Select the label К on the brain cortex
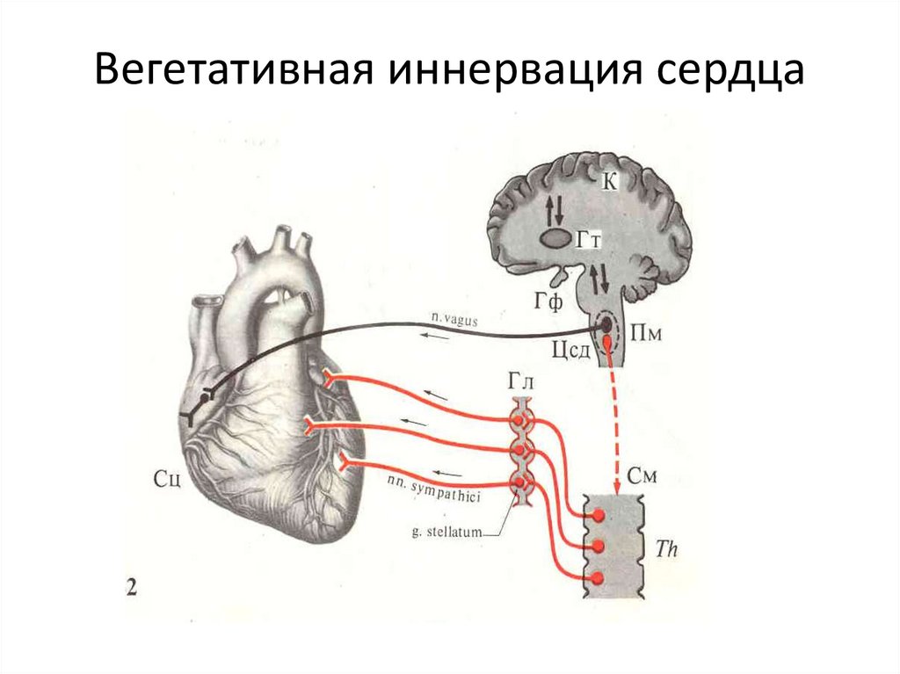coord(610,182)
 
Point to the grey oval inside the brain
coord(554,238)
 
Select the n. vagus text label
coord(453,321)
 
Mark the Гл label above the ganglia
coord(521,381)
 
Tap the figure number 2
coord(132,587)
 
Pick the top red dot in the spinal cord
coord(599,515)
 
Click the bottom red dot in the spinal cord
coord(598,578)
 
